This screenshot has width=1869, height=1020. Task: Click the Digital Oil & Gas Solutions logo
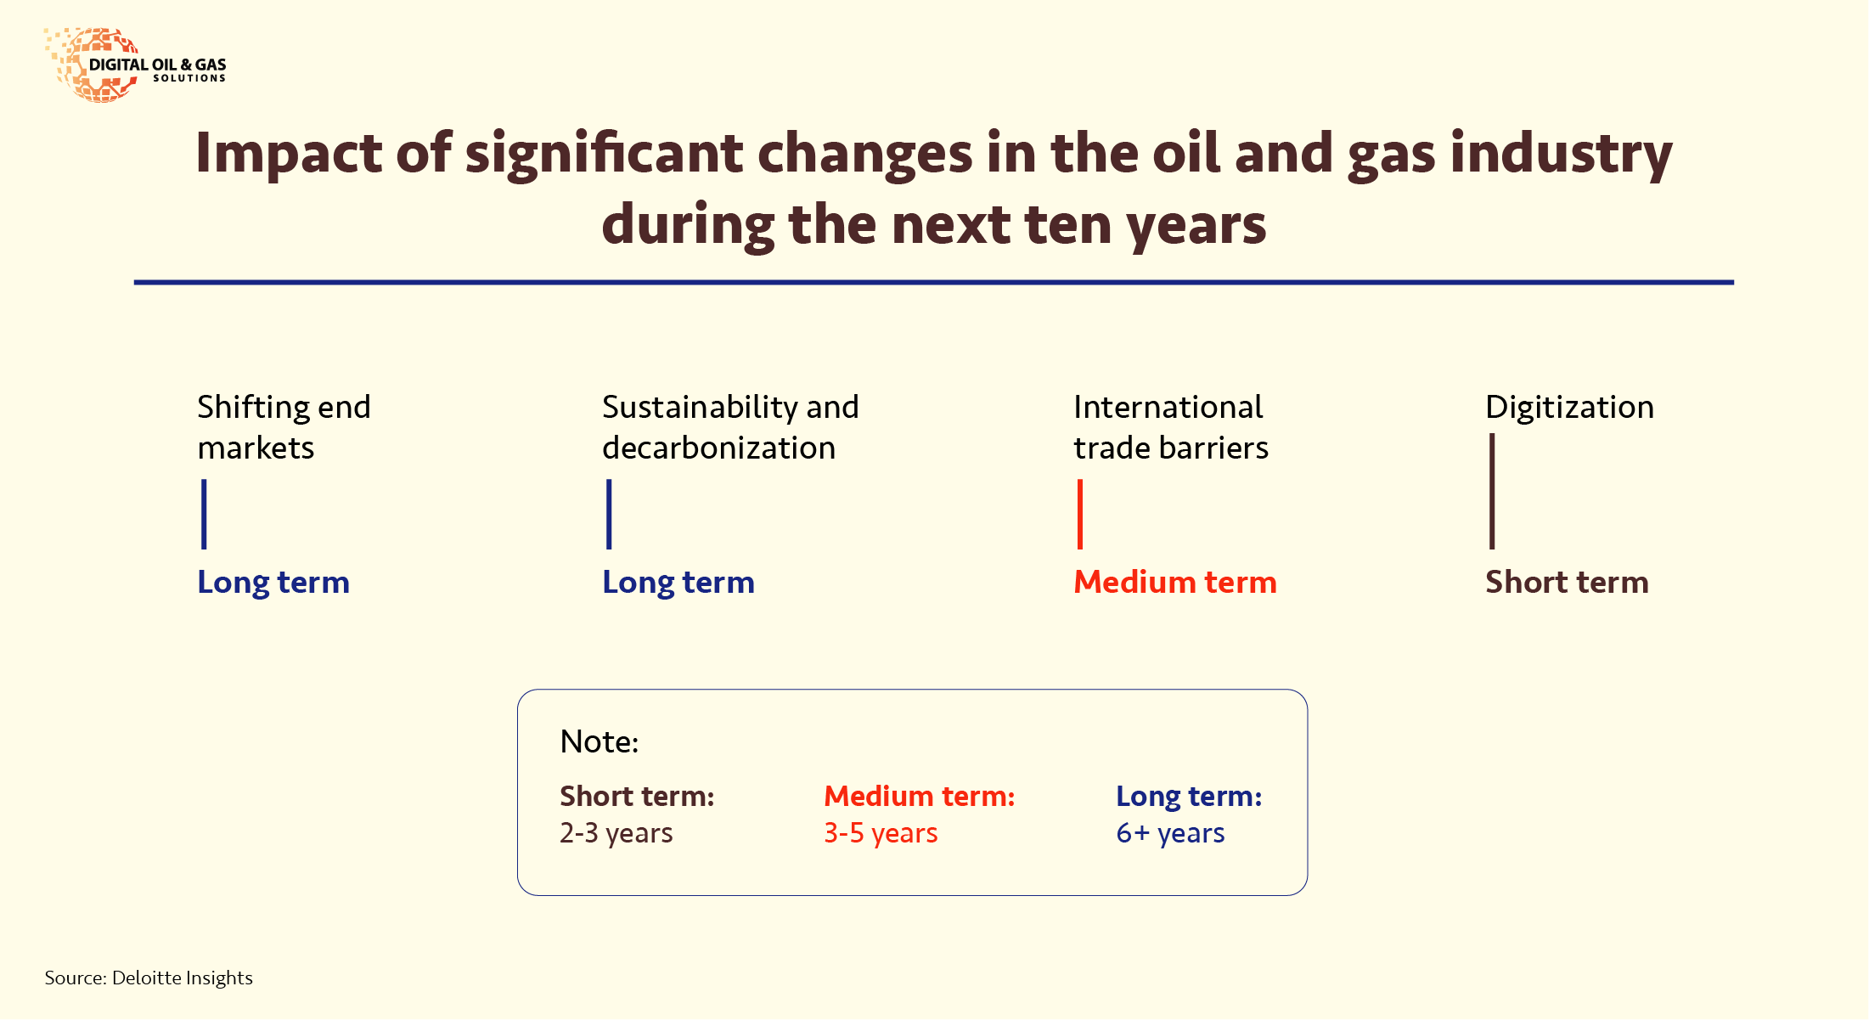(x=136, y=65)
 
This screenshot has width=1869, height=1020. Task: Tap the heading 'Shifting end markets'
(x=284, y=427)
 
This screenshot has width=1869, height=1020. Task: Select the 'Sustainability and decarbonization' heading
(x=730, y=427)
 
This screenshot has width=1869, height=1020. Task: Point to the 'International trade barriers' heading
(x=1171, y=427)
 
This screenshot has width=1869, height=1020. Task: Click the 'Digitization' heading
(x=1569, y=408)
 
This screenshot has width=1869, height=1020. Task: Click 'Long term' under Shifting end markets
(x=273, y=583)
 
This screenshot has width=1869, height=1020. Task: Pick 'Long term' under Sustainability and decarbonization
(x=678, y=583)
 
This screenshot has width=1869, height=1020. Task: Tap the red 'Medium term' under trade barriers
(x=1175, y=583)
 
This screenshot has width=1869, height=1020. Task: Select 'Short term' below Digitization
(x=1567, y=583)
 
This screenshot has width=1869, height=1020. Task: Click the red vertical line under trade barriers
(x=1080, y=514)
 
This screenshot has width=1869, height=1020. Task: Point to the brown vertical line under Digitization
(x=1492, y=491)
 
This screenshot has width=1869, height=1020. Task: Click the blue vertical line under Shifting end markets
(x=204, y=514)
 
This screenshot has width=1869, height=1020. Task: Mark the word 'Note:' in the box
(x=599, y=742)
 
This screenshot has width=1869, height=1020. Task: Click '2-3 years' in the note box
(x=616, y=833)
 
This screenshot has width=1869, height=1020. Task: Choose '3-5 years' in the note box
(x=881, y=833)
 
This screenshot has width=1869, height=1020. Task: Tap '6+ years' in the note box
(x=1170, y=833)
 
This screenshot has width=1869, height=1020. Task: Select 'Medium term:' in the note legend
(x=920, y=797)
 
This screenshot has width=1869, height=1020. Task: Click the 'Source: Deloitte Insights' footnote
(x=149, y=978)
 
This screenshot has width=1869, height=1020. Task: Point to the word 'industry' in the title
(x=1561, y=155)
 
